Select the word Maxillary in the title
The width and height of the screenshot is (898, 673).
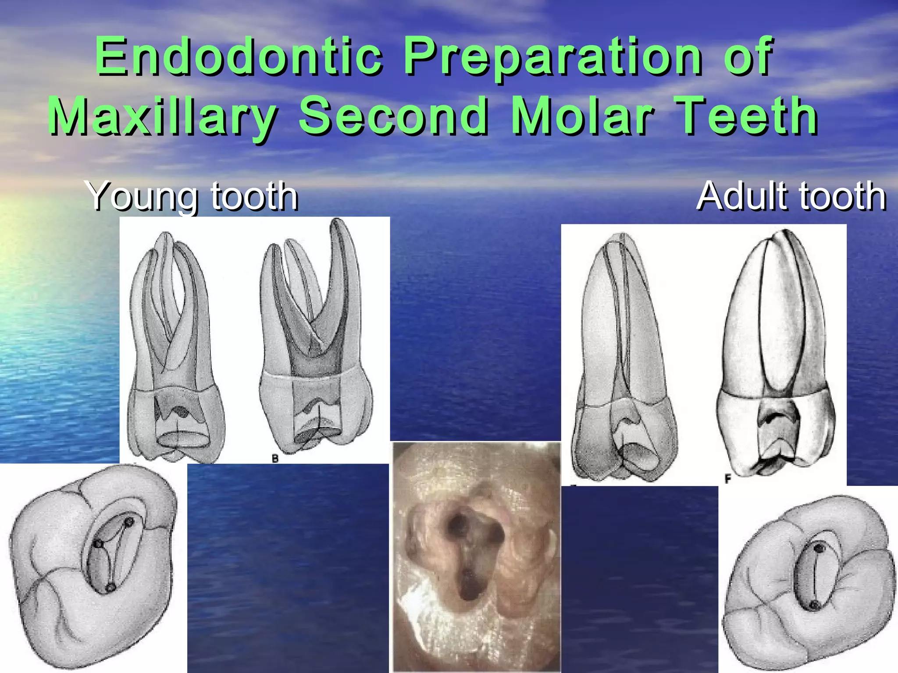tap(163, 117)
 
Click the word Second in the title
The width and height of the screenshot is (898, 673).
tap(393, 116)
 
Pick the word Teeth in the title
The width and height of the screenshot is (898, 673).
tap(746, 116)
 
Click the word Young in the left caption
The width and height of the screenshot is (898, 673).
tap(143, 197)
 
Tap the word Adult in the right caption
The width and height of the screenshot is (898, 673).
tap(741, 196)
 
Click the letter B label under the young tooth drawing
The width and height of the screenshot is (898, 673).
tap(275, 459)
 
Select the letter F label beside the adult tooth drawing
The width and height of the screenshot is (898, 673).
tap(728, 479)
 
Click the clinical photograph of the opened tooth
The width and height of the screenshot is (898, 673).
tap(477, 556)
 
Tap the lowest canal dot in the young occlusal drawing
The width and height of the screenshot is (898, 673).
tap(110, 587)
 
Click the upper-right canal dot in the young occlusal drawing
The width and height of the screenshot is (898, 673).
tap(129, 522)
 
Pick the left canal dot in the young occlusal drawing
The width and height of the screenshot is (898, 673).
tap(99, 544)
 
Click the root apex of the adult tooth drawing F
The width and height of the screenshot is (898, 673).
tap(785, 232)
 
